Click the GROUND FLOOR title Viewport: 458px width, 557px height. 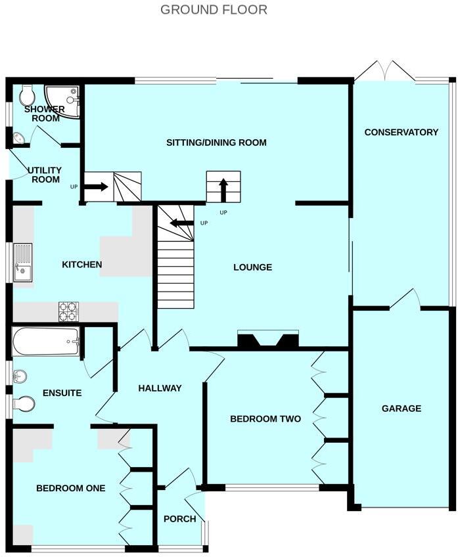coord(214,10)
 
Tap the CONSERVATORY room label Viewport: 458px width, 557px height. coord(401,132)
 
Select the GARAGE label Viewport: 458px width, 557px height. coord(401,409)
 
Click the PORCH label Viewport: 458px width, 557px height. coord(180,519)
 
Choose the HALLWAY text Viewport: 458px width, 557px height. coord(159,388)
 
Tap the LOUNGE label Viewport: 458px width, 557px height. coord(252,267)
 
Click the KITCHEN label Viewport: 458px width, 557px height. coord(81,265)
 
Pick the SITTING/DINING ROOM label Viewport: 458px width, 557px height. coord(216,143)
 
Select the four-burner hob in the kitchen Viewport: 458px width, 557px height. coord(68,311)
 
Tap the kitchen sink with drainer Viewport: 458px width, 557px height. coord(23,262)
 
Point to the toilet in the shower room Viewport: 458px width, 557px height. coord(28,97)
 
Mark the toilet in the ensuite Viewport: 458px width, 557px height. coord(24,404)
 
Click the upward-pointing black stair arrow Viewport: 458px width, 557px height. coord(223,189)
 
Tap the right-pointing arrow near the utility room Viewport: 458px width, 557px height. coord(96,187)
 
